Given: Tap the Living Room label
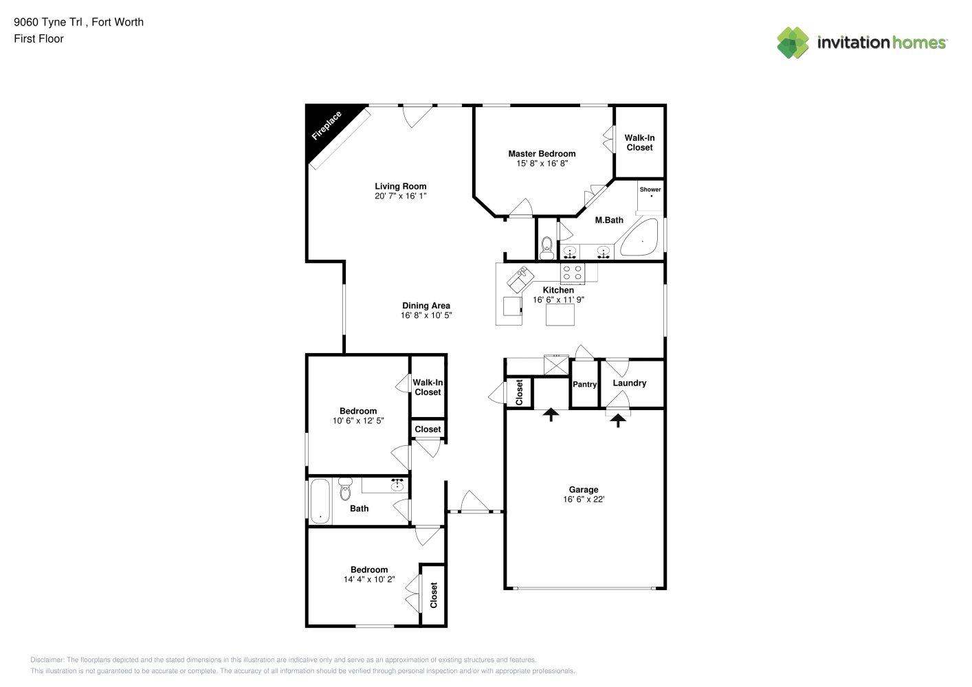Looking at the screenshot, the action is pos(401,186).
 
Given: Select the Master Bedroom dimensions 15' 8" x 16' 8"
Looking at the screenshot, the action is pos(542,164).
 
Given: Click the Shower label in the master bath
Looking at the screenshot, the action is pos(650,190).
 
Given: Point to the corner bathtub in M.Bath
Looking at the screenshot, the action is pos(639,238).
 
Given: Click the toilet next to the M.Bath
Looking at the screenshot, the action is pos(546,247).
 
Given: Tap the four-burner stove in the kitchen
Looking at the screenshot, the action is pos(573,273).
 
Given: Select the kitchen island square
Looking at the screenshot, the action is pos(560,315).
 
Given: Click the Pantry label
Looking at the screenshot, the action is pos(584,385).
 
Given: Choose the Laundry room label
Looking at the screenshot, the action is pos(629,383).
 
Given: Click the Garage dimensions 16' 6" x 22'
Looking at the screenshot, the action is pos(584,499).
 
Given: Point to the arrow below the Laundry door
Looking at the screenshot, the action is pos(618,420).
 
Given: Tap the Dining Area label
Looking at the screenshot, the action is pos(426,306).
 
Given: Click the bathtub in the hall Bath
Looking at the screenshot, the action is pos(320,501).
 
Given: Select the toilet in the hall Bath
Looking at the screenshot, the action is pos(345,488).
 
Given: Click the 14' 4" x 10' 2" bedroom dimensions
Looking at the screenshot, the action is pos(369,579).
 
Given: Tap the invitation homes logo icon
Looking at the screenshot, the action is pos(793,43).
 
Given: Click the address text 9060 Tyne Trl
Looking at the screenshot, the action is pos(47,22).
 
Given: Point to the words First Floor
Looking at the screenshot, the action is pos(38,38).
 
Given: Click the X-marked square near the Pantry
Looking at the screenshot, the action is pos(556,365).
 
